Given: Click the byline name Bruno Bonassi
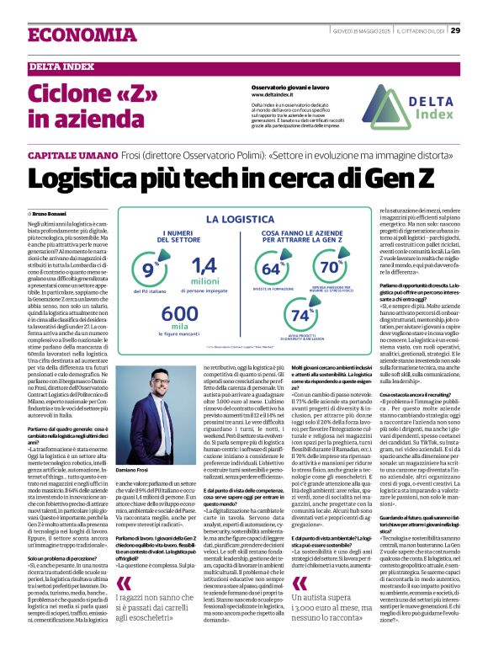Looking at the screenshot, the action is pos(51,215).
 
